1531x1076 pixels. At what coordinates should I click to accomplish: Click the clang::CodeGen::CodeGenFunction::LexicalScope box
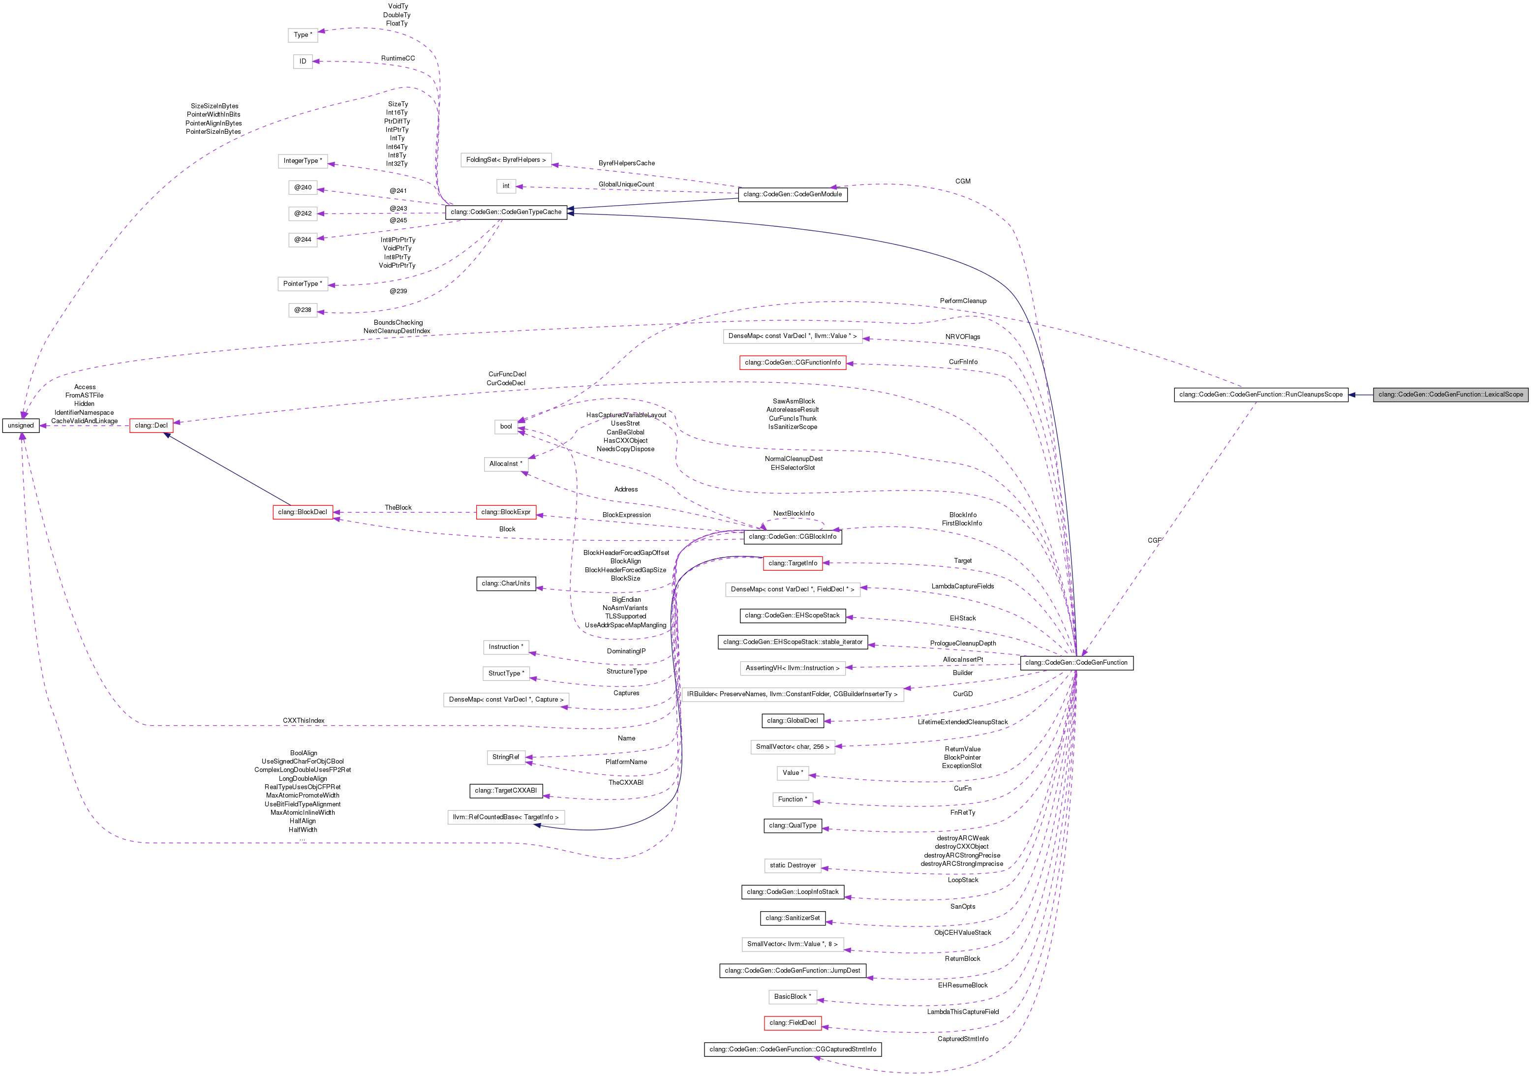pyautogui.click(x=1450, y=395)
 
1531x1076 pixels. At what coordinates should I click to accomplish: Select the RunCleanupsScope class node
pyautogui.click(x=1260, y=395)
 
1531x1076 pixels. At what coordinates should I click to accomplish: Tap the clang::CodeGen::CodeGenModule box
pyautogui.click(x=792, y=195)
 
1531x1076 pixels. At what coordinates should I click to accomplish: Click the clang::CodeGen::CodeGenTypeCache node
pyautogui.click(x=506, y=212)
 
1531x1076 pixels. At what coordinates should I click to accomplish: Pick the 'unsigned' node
pyautogui.click(x=21, y=426)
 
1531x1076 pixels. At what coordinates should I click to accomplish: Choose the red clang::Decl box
pyautogui.click(x=152, y=426)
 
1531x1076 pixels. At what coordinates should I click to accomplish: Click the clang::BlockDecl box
pyautogui.click(x=303, y=512)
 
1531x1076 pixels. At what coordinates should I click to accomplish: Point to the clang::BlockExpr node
pyautogui.click(x=506, y=512)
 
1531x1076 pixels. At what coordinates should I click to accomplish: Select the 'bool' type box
pyautogui.click(x=506, y=427)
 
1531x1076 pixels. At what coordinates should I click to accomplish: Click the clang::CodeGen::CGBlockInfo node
pyautogui.click(x=792, y=537)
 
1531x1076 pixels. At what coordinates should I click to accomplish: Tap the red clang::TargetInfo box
pyautogui.click(x=792, y=563)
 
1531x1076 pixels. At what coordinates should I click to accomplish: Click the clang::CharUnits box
pyautogui.click(x=506, y=584)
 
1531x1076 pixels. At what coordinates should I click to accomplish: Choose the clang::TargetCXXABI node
pyautogui.click(x=506, y=791)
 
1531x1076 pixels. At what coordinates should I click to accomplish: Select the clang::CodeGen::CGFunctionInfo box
pyautogui.click(x=792, y=363)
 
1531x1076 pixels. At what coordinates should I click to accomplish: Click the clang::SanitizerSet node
pyautogui.click(x=792, y=918)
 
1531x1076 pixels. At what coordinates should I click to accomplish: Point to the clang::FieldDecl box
pyautogui.click(x=792, y=1023)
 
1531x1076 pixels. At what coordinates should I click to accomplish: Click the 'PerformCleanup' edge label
pyautogui.click(x=963, y=301)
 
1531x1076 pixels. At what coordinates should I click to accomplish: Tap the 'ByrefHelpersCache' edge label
pyautogui.click(x=626, y=163)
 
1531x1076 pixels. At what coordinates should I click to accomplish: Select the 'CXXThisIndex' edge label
pyautogui.click(x=304, y=721)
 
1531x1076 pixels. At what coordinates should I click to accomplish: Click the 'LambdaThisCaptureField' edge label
pyautogui.click(x=963, y=1012)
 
